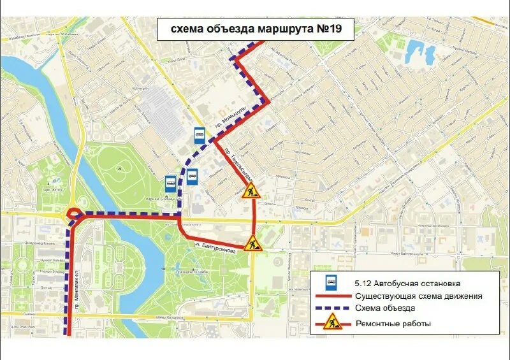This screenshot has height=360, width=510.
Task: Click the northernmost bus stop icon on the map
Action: coord(200,134)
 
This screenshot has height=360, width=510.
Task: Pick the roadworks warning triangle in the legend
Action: coord(331,324)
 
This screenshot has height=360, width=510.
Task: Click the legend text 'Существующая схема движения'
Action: coord(418,296)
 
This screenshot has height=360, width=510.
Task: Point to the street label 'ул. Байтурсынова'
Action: coord(215,247)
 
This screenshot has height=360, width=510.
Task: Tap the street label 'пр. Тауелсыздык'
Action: coord(240,163)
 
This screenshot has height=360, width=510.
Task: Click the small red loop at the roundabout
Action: coord(73,215)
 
